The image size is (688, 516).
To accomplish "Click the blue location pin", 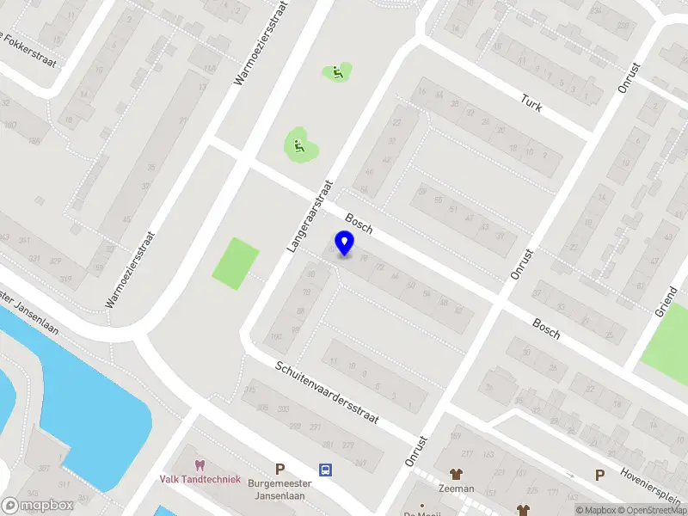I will (x=344, y=243).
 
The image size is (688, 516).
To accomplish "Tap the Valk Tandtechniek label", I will (x=200, y=479).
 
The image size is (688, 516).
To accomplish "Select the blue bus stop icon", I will (x=326, y=470).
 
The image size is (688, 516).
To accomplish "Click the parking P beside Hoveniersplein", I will (x=600, y=474).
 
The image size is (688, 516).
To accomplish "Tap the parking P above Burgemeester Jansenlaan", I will (x=279, y=470).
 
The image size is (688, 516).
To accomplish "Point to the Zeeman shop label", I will (x=455, y=488).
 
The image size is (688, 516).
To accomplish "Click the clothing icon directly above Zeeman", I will (x=455, y=474).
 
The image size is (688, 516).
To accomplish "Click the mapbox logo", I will (x=37, y=506).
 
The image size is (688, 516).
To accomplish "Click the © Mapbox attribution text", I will (x=597, y=510).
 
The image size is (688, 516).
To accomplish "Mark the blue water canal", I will (x=77, y=378).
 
